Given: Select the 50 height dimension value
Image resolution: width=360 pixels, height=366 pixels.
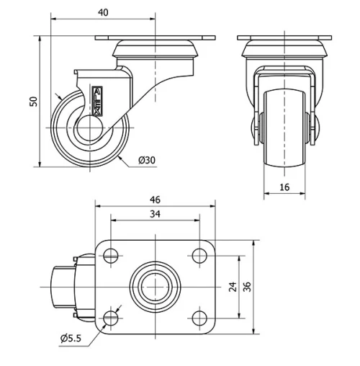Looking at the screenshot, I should click(32, 101).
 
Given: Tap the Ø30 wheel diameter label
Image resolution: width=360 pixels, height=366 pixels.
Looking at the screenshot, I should click(145, 160).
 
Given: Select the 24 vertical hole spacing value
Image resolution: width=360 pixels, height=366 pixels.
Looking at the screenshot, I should click(233, 287).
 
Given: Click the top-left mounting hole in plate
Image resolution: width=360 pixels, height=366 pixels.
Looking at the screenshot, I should click(110, 254).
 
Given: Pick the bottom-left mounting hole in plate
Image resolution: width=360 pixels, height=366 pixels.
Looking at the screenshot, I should click(110, 318).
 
